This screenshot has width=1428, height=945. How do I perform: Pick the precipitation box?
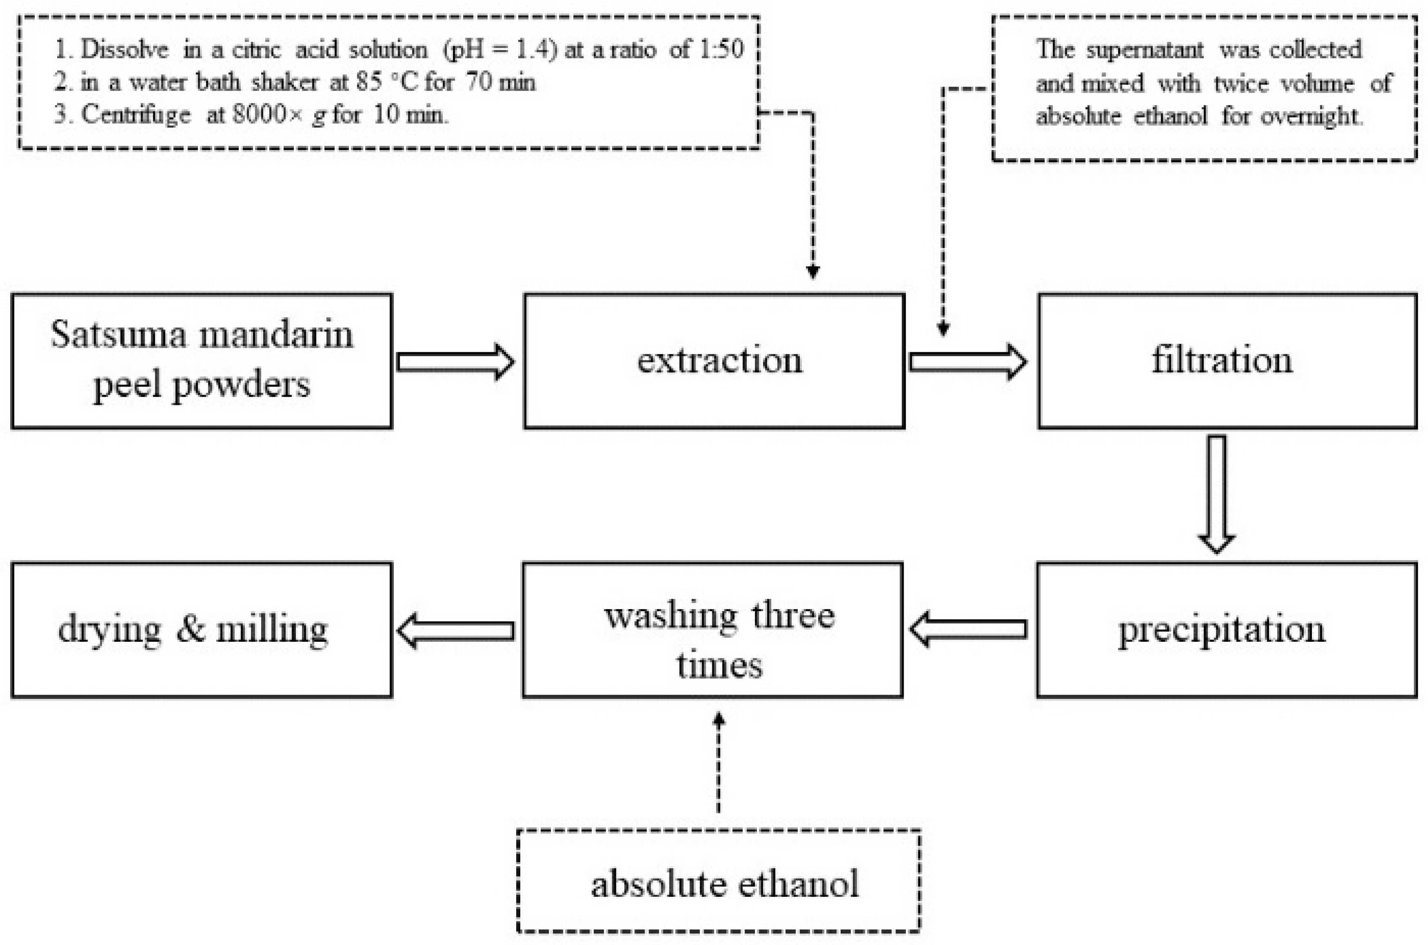[x=1227, y=630]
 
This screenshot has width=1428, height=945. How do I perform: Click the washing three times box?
[x=712, y=630]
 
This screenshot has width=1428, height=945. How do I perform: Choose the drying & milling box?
[x=201, y=630]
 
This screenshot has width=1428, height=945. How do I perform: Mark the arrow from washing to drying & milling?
[x=456, y=631]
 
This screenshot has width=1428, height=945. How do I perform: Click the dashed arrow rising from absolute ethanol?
[x=718, y=762]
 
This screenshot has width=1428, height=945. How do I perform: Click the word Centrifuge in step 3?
[x=136, y=114]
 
